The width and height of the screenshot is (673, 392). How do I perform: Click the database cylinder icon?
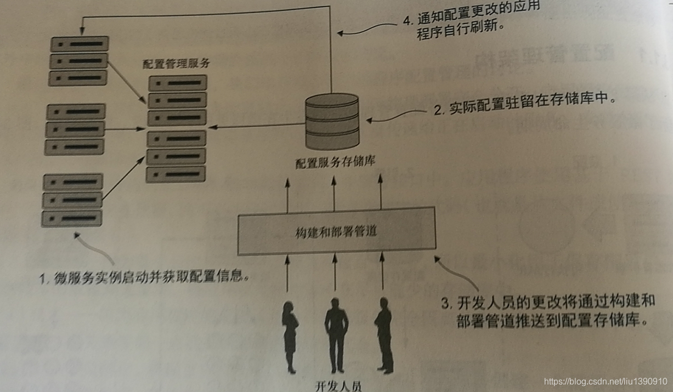[332, 122]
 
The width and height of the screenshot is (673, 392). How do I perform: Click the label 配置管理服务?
[176, 64]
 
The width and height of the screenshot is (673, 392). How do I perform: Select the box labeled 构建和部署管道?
[336, 231]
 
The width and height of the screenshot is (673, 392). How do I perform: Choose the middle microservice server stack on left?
[75, 129]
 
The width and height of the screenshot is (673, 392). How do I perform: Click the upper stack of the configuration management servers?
[177, 100]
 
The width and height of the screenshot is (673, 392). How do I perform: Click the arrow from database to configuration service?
[258, 128]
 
